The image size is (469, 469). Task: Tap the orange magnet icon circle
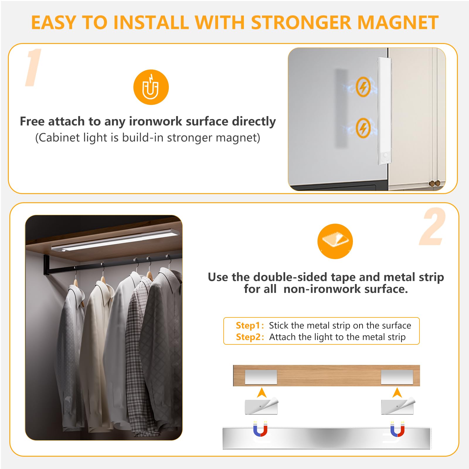click(151, 87)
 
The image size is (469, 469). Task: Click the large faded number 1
click(33, 67)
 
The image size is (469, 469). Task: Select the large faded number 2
click(433, 226)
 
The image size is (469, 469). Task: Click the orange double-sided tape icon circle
click(335, 241)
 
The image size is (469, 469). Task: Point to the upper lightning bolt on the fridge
click(363, 87)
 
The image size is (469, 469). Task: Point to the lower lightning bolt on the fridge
click(363, 128)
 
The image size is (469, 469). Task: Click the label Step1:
click(250, 325)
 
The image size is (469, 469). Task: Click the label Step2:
click(250, 337)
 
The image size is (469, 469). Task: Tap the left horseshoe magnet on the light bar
click(260, 429)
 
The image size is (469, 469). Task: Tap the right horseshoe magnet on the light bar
click(397, 429)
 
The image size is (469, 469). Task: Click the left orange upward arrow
click(261, 393)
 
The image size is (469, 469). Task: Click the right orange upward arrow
click(397, 393)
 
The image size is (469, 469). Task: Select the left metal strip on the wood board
click(261, 377)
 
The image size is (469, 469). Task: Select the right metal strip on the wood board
click(397, 377)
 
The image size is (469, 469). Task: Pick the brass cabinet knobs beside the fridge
click(434, 183)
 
